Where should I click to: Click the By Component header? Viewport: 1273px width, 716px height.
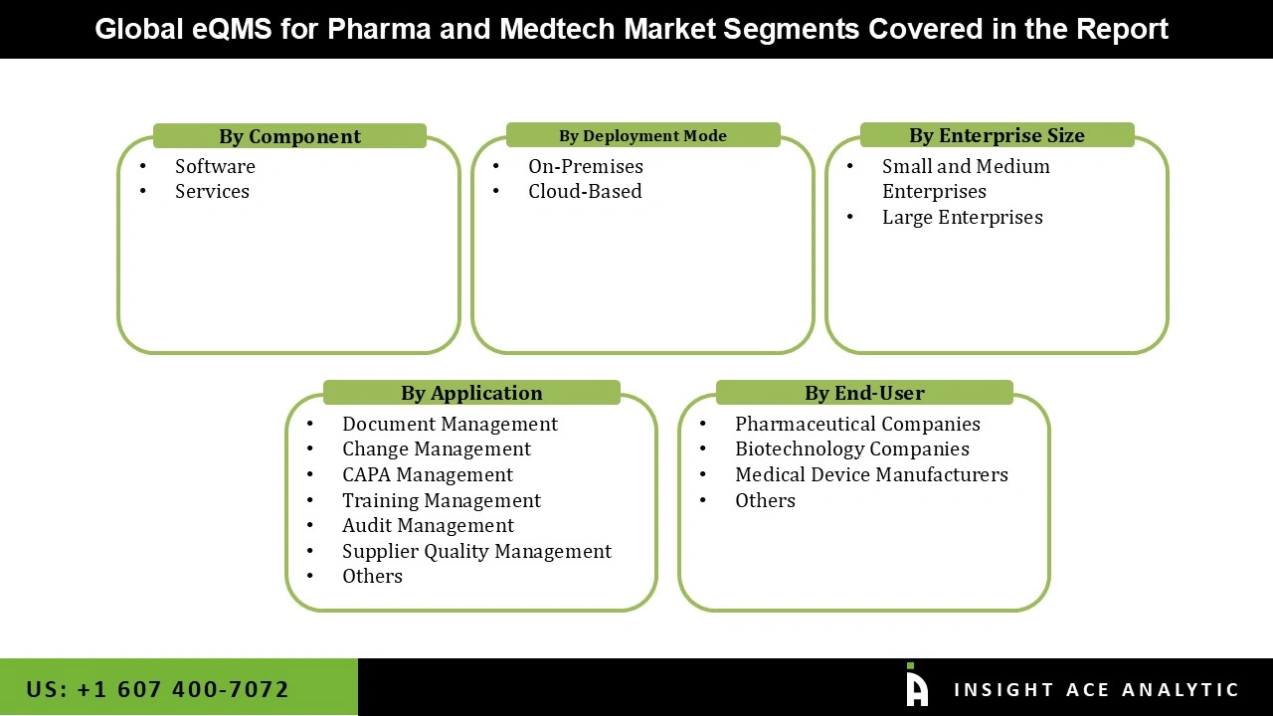[289, 136]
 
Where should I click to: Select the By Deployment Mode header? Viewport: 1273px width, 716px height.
[642, 135]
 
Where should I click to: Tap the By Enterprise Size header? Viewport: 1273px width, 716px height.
[997, 135]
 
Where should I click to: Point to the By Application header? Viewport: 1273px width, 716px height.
[471, 393]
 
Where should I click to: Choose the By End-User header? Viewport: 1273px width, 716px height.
[864, 393]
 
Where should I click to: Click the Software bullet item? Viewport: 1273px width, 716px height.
[215, 166]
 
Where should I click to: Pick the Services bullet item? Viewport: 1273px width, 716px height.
[212, 191]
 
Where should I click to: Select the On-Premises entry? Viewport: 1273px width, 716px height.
[585, 166]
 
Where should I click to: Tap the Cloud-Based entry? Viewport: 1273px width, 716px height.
[585, 191]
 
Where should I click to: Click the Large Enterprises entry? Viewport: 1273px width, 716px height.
[962, 217]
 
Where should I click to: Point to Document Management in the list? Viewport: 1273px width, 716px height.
[450, 424]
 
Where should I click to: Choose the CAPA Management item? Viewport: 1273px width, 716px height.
[428, 474]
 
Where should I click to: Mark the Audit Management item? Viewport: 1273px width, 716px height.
[428, 525]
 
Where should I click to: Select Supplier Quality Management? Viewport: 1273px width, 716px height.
[476, 551]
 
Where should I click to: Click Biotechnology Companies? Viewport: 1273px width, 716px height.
[851, 448]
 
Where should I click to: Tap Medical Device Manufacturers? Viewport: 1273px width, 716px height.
[871, 474]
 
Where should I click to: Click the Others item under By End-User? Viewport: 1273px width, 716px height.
[765, 500]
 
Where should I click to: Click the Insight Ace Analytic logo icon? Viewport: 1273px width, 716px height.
[917, 686]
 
